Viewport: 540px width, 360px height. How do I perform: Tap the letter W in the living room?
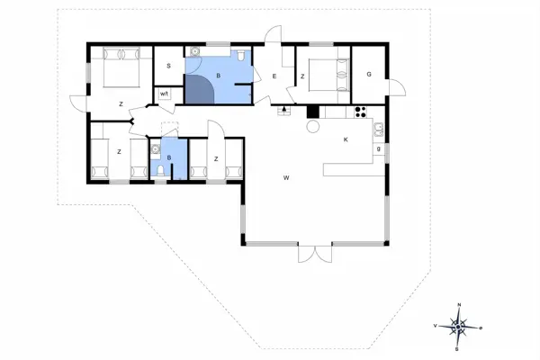286,178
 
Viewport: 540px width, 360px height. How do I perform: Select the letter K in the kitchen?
346,139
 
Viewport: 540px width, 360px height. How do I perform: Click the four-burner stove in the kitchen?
361,112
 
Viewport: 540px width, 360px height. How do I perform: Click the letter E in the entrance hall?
274,76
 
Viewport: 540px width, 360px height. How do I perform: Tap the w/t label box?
165,94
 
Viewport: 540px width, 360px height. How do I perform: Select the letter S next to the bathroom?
168,67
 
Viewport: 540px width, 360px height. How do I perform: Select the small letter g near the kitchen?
379,149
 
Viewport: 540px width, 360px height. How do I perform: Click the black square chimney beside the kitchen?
312,112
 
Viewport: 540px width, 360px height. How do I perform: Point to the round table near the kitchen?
313,127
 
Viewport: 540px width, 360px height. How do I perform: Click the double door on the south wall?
315,253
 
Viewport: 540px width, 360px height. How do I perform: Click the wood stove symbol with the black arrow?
285,111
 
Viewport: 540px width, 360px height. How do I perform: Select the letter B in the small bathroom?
169,158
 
